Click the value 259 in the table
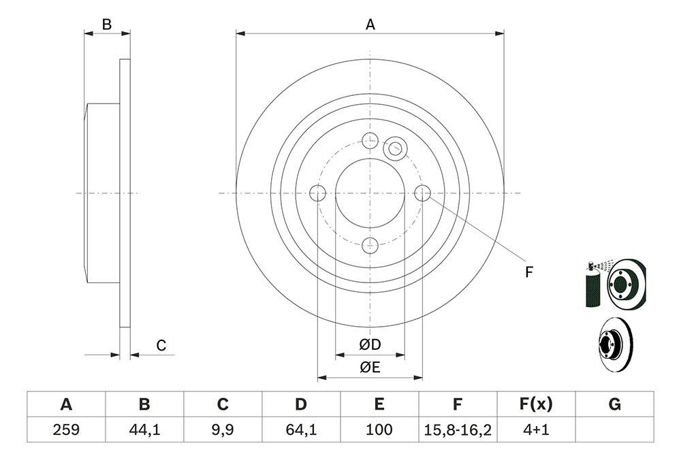pos(66,429)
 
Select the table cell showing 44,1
pos(144,429)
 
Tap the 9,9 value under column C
pos(223,429)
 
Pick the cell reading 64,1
pos(301,429)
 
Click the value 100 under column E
pos(379,429)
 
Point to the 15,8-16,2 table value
pos(458,429)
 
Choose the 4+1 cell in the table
pos(536,429)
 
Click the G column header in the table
pos(614,404)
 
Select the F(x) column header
pos(536,404)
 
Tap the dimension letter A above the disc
pos(370,25)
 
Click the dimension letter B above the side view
pos(107,25)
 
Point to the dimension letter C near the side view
pos(161,346)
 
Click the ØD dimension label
pos(370,344)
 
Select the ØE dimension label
pos(370,367)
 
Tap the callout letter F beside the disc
pos(528,272)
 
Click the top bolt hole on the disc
pos(370,140)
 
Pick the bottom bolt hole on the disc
pos(370,245)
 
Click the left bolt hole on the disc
pos(318,193)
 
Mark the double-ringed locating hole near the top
pos(395,148)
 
